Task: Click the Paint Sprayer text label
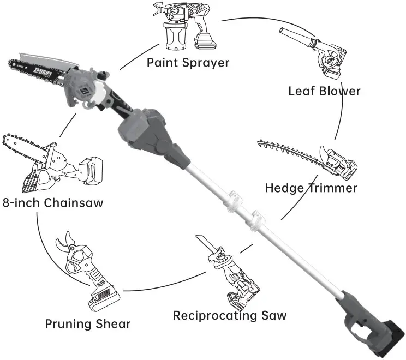(188, 62)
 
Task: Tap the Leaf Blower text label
(324, 91)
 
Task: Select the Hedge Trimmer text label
(311, 188)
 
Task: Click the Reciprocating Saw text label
(229, 315)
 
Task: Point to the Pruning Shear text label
(88, 323)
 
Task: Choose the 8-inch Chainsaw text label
(52, 203)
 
